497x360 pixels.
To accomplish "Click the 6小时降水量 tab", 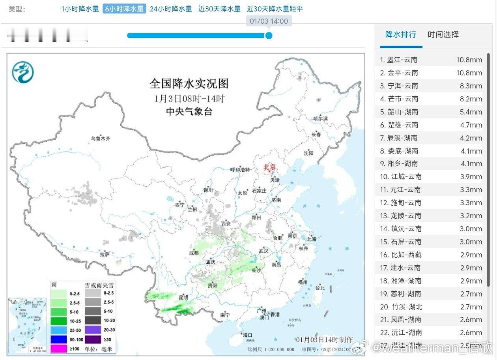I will click(124, 9).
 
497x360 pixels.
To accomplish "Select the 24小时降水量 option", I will click(171, 9).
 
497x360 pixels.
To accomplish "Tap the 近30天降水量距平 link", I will click(275, 9).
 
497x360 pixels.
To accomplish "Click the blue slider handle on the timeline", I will click(269, 36).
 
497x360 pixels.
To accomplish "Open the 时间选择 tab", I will click(443, 35).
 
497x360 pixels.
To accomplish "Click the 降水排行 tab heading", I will click(400, 35).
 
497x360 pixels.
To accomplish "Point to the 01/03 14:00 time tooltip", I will click(269, 21).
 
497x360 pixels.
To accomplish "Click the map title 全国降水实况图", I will click(189, 84).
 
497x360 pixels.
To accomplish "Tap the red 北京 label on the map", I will click(270, 167).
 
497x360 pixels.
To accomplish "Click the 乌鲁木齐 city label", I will click(101, 139).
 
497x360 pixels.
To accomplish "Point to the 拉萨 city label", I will click(104, 254).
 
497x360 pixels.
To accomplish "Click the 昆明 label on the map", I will click(183, 297).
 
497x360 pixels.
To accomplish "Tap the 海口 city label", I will click(247, 335).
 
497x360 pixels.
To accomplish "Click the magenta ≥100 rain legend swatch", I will click(58, 349).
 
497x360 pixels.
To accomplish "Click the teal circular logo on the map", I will click(22, 73).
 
